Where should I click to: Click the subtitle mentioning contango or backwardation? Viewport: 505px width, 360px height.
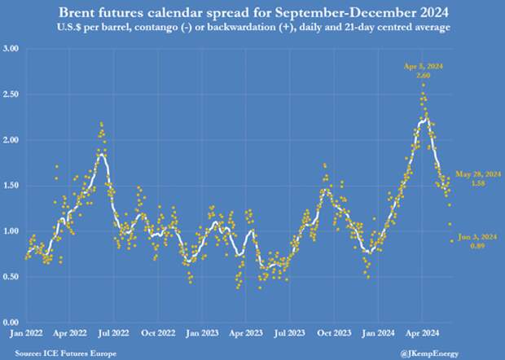252,29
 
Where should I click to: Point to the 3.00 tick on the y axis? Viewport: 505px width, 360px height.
11,49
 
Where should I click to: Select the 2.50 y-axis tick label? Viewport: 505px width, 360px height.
11,94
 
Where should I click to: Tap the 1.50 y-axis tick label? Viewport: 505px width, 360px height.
11,186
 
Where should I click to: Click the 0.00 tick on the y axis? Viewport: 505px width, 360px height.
11,323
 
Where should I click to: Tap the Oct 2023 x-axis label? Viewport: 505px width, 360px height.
334,332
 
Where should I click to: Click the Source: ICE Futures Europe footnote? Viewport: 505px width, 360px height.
65,352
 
